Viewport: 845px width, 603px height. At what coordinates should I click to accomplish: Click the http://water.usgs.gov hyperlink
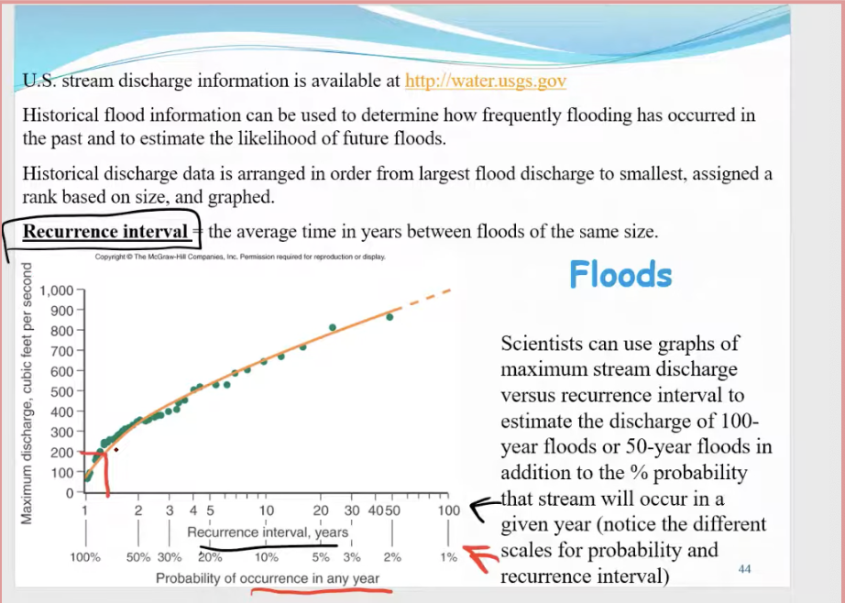(485, 81)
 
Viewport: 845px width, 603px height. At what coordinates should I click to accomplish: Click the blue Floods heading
(620, 274)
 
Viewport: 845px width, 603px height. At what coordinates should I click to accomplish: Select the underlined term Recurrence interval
(104, 231)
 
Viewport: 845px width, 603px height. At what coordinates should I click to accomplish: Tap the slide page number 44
(744, 569)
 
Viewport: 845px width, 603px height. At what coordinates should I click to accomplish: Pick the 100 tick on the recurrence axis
(448, 510)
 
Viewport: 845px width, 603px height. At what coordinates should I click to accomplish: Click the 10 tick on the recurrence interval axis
(266, 510)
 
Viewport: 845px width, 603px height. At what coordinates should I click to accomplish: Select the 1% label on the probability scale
(448, 556)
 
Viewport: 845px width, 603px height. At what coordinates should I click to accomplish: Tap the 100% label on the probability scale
(86, 556)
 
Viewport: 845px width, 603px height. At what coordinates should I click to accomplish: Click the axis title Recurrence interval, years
(268, 532)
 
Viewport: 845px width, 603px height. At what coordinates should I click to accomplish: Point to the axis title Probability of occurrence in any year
(267, 578)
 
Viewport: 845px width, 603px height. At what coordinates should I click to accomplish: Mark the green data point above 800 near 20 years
(333, 327)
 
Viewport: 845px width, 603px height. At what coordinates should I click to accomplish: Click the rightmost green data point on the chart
(390, 317)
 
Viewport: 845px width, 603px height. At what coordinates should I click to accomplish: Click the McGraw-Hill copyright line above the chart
(240, 258)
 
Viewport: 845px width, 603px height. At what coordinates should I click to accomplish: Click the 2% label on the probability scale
(392, 556)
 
